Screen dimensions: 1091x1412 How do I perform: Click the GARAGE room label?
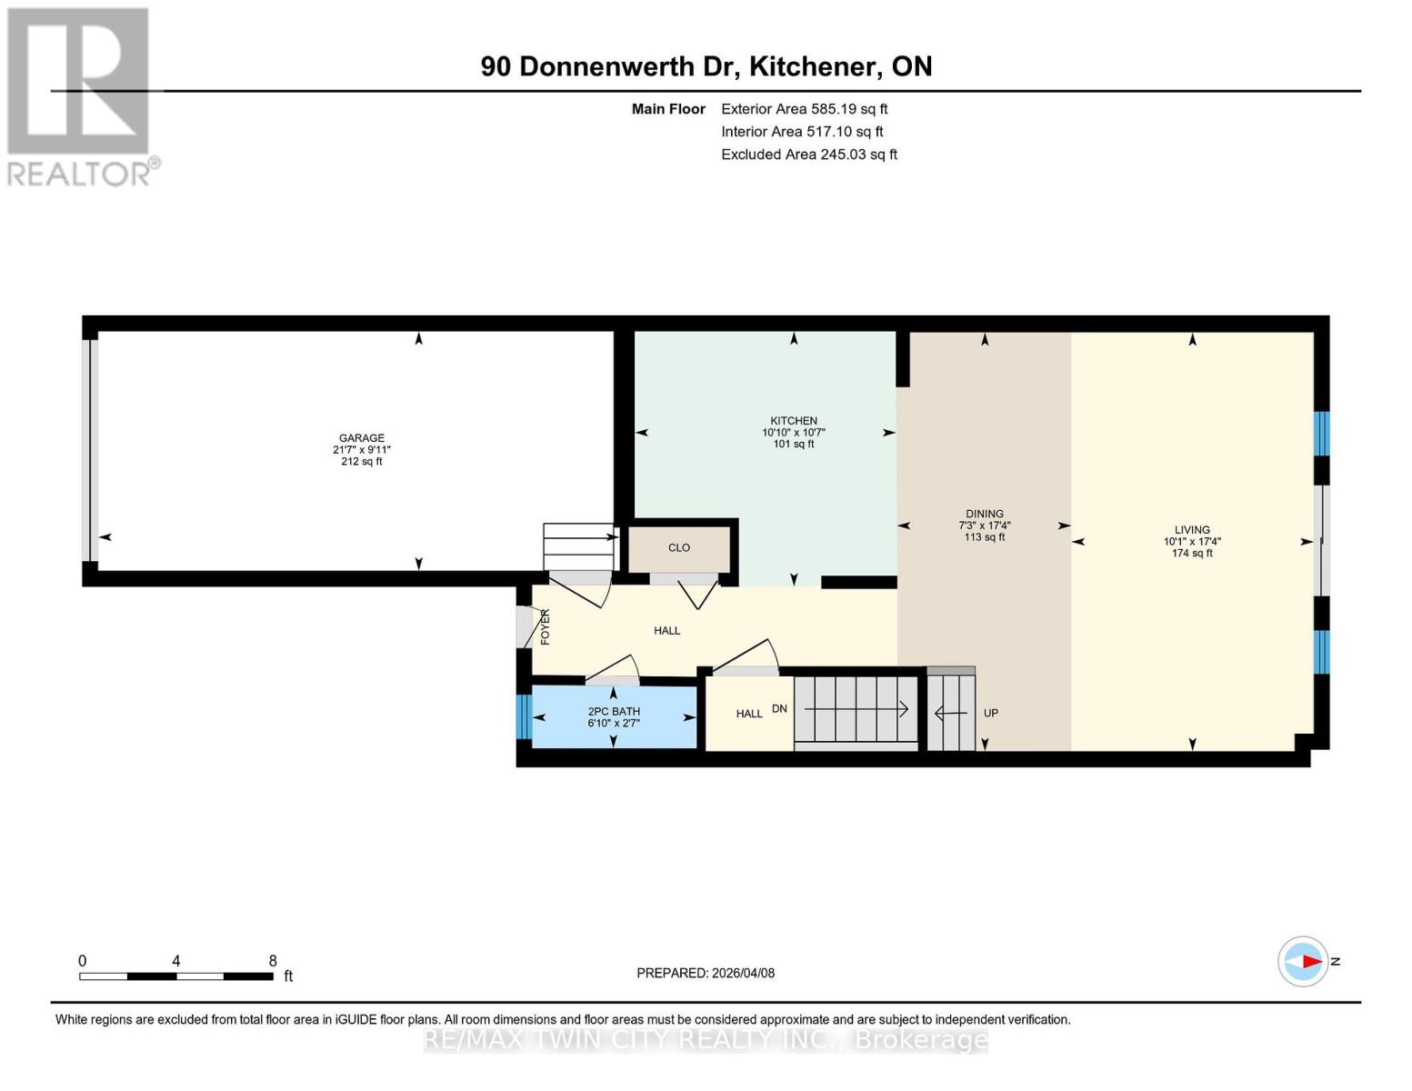coord(361,438)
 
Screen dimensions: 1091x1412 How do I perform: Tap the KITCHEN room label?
coord(793,421)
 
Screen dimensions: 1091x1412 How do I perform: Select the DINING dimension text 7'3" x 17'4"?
coord(984,525)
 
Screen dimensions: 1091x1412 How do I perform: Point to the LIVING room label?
coord(1191,530)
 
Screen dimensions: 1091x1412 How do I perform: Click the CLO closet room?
coord(679,548)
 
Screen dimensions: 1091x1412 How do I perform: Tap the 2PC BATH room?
coord(614,717)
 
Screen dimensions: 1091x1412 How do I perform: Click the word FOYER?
coord(546,627)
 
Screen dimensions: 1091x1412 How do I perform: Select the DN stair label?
coord(779,709)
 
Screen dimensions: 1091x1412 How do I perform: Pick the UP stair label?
coord(990,714)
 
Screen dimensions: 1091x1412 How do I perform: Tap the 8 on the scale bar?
coord(273,961)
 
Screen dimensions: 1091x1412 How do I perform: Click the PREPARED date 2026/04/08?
coord(705,973)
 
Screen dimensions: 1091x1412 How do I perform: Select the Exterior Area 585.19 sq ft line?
coord(804,109)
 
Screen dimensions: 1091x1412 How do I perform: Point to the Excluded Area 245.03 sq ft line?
coord(808,155)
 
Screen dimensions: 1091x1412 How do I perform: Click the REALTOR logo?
coord(80,95)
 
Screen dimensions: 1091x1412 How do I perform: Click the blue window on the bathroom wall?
coord(523,717)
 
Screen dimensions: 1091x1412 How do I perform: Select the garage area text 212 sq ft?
coord(361,462)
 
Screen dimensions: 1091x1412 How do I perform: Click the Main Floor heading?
coord(668,109)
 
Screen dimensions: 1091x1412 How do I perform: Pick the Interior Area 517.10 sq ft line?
coord(802,132)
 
